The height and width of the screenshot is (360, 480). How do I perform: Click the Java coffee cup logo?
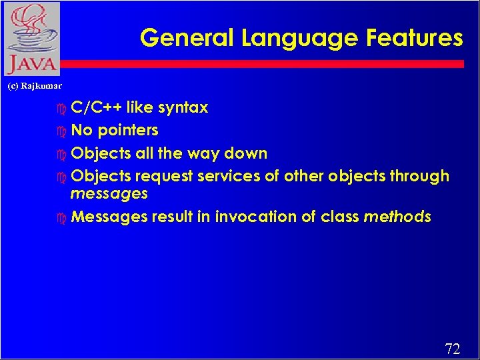point(31,39)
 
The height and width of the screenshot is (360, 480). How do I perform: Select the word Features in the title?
point(413,38)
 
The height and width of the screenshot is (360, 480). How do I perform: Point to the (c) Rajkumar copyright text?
point(34,86)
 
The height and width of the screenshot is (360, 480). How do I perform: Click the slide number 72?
point(452,349)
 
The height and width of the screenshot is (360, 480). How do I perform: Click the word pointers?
point(128,130)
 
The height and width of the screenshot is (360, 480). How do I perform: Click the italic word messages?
point(109,193)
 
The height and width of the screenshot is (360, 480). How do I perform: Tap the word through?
point(419,177)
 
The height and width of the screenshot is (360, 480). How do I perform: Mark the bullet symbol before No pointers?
point(62,131)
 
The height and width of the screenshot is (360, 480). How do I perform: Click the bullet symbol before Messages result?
point(62,217)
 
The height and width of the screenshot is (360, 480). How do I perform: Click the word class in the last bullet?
point(340,217)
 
